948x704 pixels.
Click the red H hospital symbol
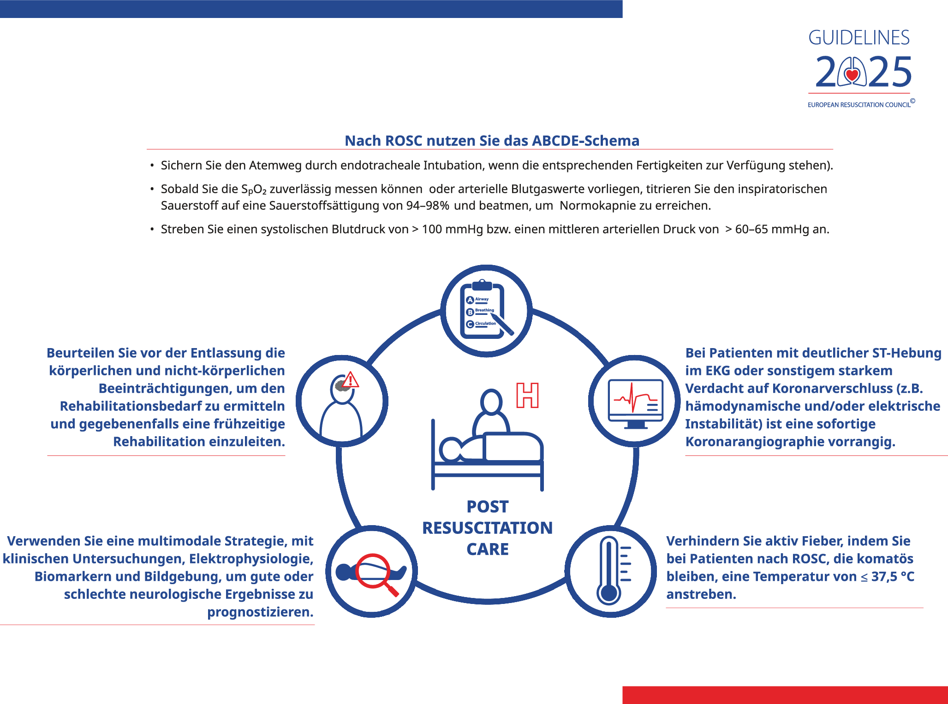pos(527,395)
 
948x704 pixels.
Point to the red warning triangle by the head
pos(351,380)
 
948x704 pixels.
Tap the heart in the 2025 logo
pos(852,74)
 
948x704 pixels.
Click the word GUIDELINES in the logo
pos(859,38)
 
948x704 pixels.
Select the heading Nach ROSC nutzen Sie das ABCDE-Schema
pos(492,141)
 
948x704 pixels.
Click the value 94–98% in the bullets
pos(427,206)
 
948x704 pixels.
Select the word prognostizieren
pos(260,612)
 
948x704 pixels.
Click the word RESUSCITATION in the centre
pos(487,528)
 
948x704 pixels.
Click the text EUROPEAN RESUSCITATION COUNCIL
pos(859,105)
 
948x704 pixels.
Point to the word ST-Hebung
pos(906,353)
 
